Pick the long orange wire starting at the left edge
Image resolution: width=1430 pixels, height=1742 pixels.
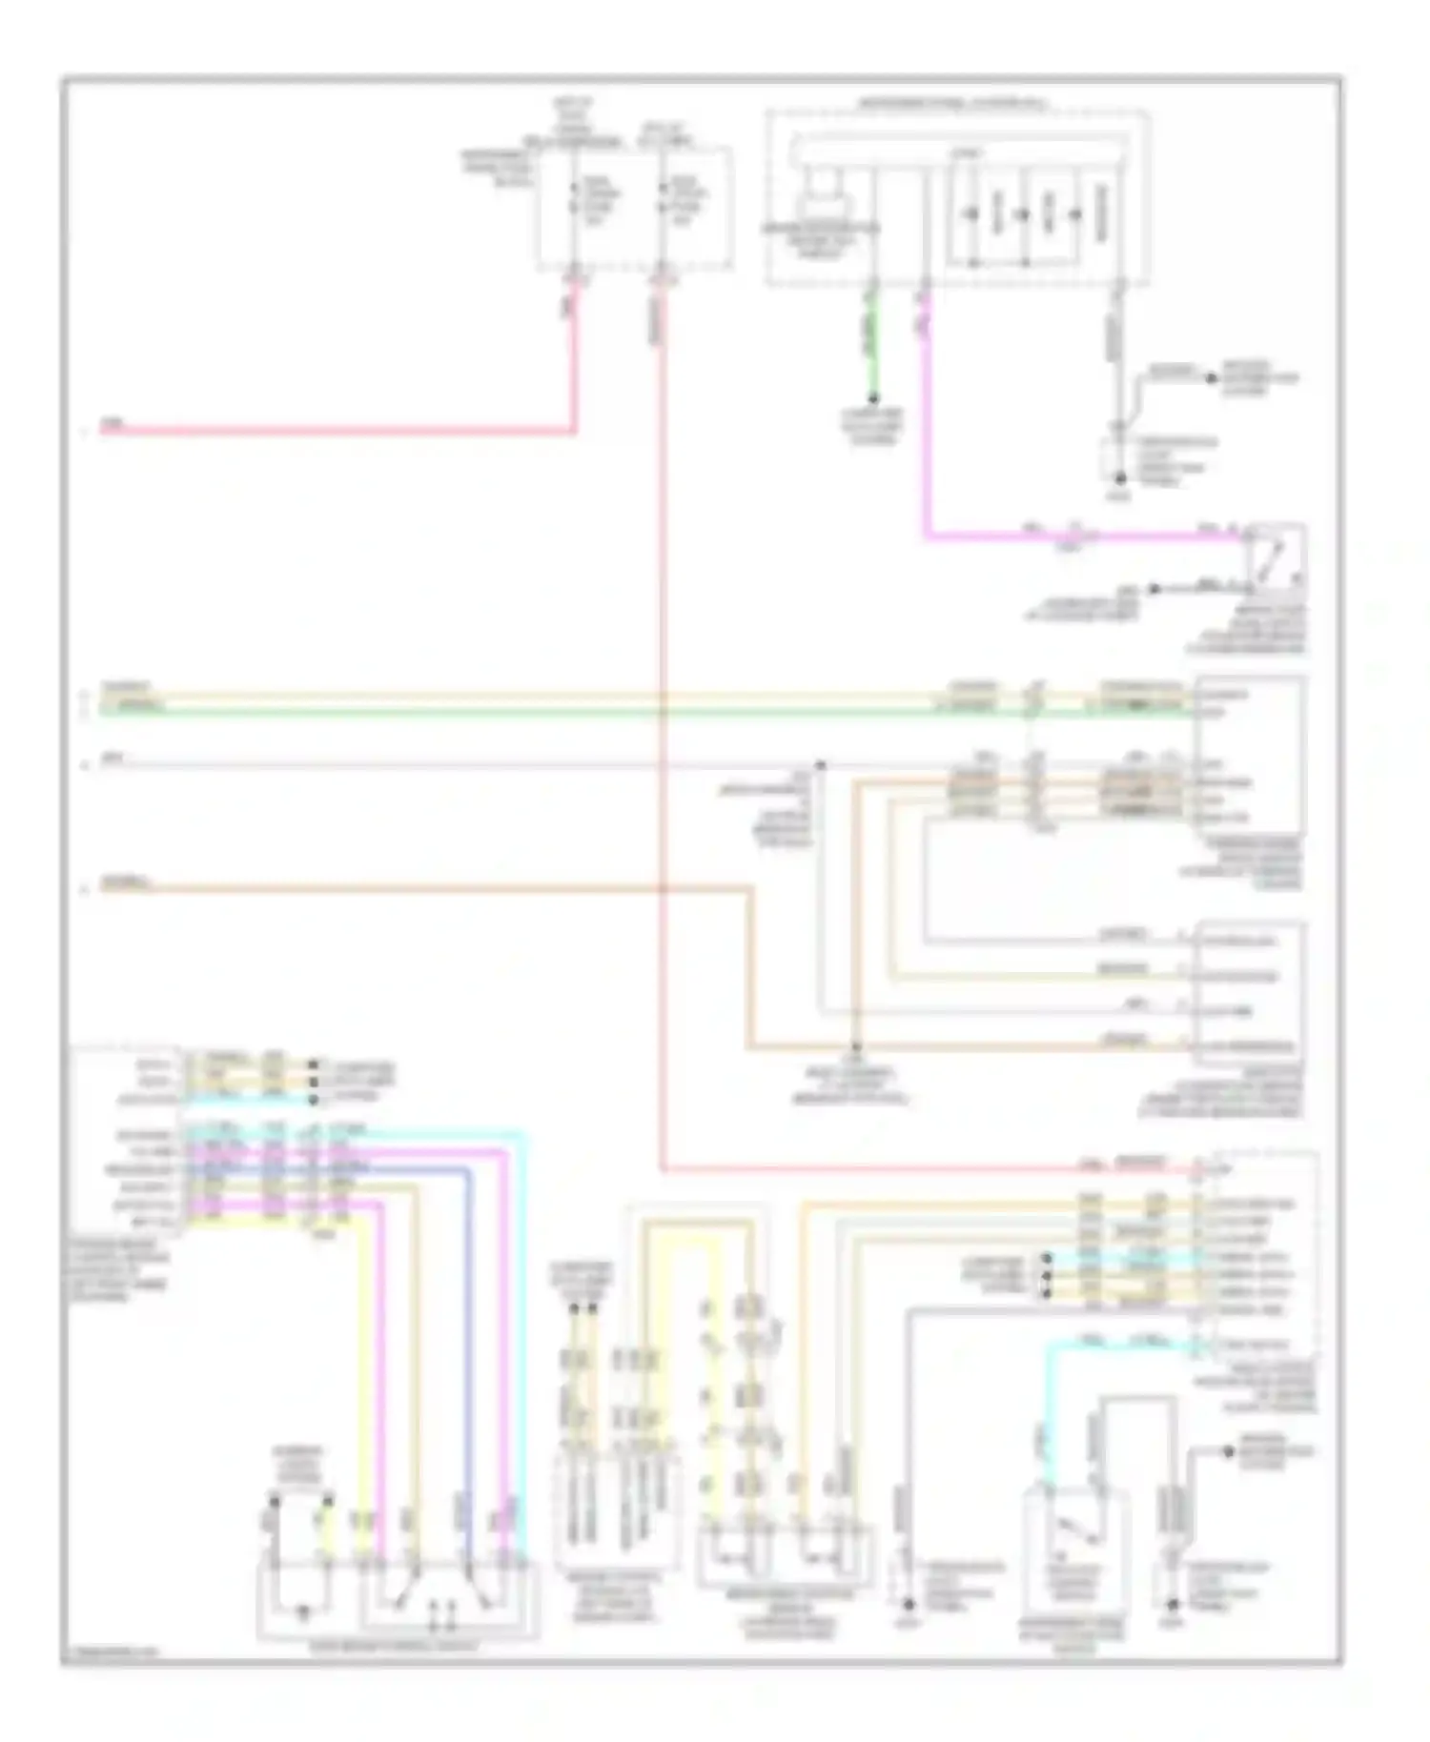tap(429, 889)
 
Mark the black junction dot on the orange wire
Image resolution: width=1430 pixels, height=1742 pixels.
tap(855, 1046)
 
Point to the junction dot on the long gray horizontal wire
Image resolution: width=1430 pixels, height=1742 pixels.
tap(820, 764)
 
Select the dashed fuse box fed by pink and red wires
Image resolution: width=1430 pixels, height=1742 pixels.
tap(635, 205)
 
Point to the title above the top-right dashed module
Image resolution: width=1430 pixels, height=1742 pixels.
tap(953, 103)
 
